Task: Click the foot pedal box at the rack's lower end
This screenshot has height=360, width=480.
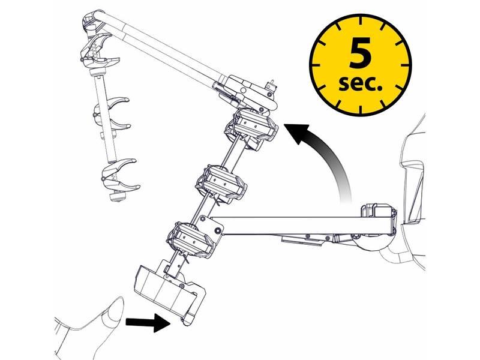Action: [x=170, y=291]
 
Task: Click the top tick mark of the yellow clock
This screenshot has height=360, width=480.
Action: [x=361, y=21]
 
